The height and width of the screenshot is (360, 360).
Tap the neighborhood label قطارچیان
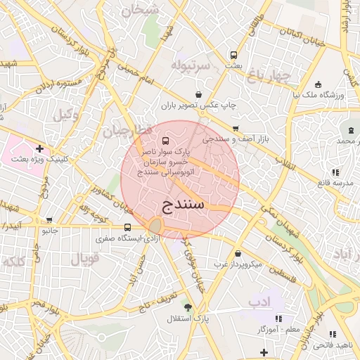point(127,131)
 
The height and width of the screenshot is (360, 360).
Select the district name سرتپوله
point(191,65)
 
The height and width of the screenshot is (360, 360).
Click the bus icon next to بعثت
point(233,55)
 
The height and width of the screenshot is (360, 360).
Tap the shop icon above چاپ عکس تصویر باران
point(199,94)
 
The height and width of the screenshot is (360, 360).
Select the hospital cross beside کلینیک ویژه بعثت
point(40,148)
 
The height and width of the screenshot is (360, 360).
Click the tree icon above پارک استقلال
point(187,307)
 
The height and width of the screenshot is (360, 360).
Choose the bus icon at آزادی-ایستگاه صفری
point(127,227)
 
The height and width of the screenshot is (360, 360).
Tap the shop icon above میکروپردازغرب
point(238,253)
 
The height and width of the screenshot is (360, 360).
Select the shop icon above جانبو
point(49,220)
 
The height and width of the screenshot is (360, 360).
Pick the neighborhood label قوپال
point(85,258)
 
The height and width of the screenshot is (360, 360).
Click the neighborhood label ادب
point(258,301)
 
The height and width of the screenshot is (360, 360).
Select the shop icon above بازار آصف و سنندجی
point(235,129)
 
